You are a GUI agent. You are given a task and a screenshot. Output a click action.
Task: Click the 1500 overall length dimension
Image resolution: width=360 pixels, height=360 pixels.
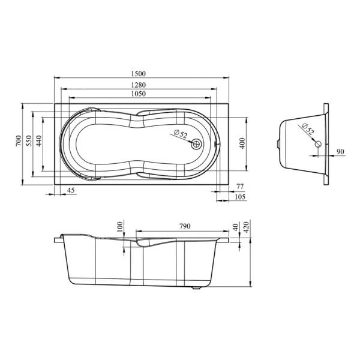click(139, 74)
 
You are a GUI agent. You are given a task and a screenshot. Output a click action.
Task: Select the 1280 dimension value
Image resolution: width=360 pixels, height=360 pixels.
click(139, 85)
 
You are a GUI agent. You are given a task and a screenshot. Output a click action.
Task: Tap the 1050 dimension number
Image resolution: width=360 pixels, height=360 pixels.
click(139, 94)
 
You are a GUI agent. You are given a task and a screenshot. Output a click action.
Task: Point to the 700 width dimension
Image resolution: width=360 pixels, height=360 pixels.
click(19, 141)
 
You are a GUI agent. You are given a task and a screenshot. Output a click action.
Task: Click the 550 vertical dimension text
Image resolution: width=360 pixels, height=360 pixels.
click(29, 141)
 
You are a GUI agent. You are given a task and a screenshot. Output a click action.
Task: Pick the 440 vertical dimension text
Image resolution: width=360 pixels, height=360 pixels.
click(39, 141)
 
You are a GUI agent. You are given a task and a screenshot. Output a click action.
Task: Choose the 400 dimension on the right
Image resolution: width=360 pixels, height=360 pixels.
click(242, 143)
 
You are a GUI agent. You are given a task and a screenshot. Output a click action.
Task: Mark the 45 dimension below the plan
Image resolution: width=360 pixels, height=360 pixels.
click(71, 190)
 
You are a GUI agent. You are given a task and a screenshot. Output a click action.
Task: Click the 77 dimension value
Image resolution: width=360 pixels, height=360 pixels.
click(240, 187)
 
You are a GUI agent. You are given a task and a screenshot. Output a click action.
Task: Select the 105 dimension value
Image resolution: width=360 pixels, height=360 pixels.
click(240, 197)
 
